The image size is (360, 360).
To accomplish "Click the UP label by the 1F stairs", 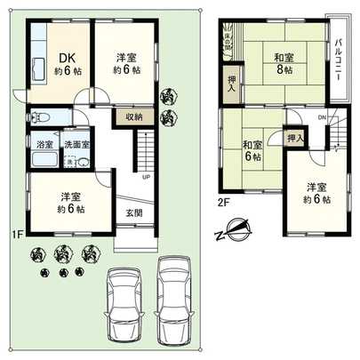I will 145,175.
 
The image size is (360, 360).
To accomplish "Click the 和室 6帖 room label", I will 251,150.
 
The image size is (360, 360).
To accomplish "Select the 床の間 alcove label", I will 235,39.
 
